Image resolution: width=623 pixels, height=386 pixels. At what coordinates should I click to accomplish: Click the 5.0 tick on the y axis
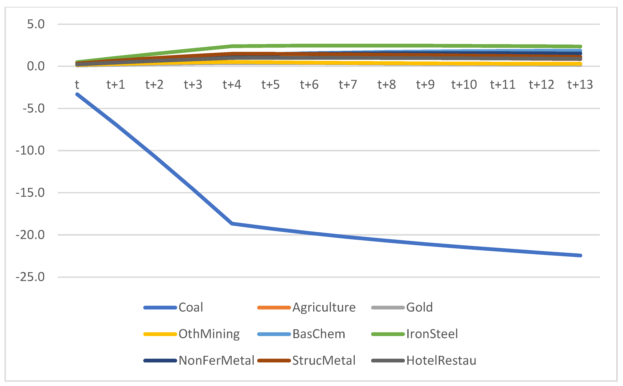tap(36, 24)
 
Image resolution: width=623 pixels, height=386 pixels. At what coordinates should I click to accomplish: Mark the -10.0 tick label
tap(30, 150)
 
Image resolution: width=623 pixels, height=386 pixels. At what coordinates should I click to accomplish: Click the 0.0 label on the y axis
tap(36, 66)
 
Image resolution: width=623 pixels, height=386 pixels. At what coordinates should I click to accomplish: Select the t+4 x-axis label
tap(232, 84)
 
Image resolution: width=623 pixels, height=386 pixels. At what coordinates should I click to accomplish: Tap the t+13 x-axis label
tap(580, 84)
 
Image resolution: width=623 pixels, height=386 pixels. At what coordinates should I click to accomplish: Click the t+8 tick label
tap(386, 84)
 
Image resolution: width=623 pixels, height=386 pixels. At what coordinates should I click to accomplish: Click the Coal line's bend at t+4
tap(232, 223)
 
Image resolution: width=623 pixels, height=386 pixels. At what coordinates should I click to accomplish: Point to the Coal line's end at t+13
tap(580, 255)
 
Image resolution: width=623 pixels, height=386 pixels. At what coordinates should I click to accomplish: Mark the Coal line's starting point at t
tap(77, 94)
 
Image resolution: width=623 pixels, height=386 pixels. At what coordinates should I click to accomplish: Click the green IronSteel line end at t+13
tap(580, 47)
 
